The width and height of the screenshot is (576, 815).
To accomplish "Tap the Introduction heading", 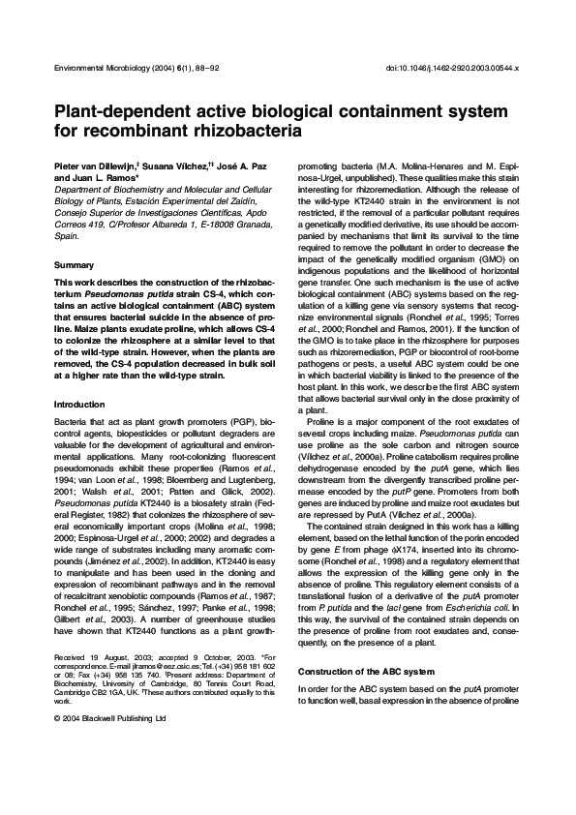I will [81, 431].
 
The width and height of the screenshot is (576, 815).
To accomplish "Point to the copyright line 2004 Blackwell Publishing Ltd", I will [114, 718].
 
